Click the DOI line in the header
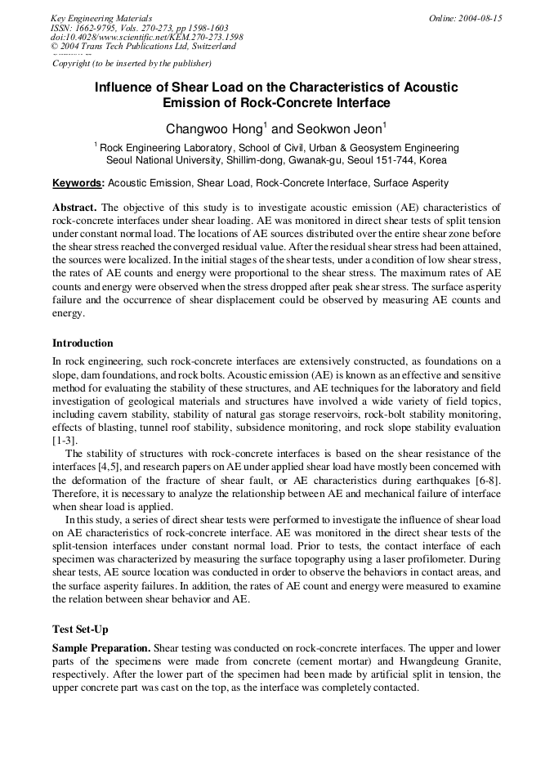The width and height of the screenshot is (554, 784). coord(147,37)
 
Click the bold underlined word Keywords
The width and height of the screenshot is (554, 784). coord(78,183)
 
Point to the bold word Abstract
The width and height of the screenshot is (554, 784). coord(74,208)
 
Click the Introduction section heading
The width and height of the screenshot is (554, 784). coord(83,343)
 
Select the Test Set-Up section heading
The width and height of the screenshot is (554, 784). coord(80,629)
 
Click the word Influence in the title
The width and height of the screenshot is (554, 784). coord(127,87)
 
